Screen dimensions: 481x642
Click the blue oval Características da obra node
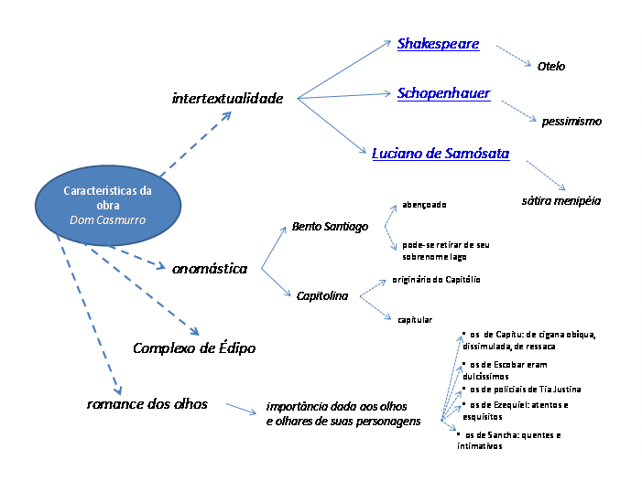tap(108, 206)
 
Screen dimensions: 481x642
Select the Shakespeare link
tap(438, 44)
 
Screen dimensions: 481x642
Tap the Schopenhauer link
tap(443, 93)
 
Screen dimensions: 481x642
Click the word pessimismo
tap(571, 121)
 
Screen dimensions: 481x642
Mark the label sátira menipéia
tap(555, 198)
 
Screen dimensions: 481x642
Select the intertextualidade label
tap(227, 98)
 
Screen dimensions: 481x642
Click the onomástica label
tap(210, 268)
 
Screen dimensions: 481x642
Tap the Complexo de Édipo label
tap(194, 347)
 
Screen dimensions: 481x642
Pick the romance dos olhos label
tap(147, 403)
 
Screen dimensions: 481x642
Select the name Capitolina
tap(321, 295)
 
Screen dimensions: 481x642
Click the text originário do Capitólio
tap(436, 279)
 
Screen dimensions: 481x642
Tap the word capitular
tap(415, 319)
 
